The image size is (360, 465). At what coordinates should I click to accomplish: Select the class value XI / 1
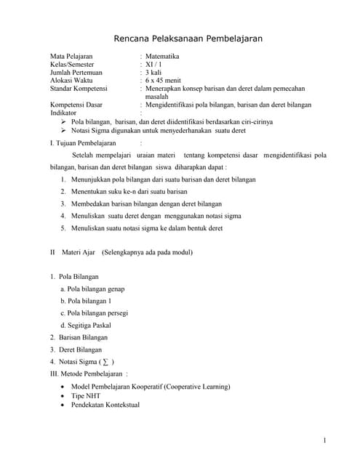point(154,64)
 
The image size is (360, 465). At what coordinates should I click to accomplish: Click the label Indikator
point(63,113)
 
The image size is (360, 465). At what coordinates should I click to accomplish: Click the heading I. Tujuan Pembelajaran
point(83,143)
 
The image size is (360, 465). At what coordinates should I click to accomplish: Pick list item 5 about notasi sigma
point(145,228)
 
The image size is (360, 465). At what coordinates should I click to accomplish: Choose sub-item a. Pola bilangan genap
point(92,289)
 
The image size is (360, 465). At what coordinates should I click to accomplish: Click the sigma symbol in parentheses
point(106,361)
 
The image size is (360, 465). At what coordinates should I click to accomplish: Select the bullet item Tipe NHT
point(88,395)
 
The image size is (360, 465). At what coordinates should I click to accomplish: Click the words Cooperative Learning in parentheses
point(196,387)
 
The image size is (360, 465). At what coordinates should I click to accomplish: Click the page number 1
point(324,441)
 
